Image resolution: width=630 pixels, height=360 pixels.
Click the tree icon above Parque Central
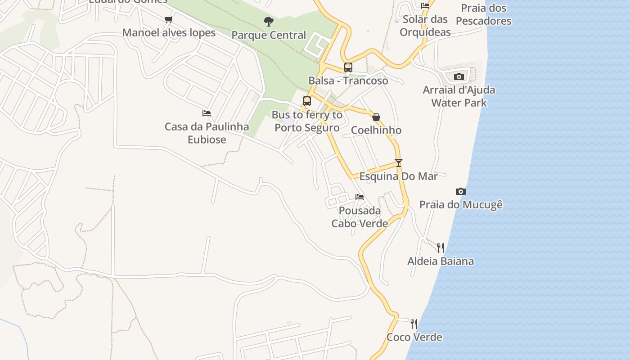pos(269,21)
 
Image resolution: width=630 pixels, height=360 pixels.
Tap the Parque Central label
pos(269,35)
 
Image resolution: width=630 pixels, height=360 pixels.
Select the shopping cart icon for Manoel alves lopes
pos(169,19)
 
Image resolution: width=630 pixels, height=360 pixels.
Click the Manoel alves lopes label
pos(169,33)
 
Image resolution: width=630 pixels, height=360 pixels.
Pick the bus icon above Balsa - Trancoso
pos(348,67)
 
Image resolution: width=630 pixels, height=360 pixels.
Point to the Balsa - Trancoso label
pos(348,81)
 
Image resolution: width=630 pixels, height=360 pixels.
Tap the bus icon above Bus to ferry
pos(307,101)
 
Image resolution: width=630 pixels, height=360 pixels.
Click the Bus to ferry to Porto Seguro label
pos(307,121)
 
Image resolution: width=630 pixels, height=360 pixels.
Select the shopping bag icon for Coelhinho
pos(376,117)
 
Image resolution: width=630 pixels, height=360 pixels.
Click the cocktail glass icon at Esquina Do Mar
pos(398,162)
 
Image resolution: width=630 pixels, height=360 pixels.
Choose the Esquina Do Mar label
pos(398,176)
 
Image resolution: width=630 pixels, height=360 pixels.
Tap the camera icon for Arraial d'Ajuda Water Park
pos(459,76)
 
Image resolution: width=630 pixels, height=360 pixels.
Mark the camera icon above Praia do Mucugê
pos(460,191)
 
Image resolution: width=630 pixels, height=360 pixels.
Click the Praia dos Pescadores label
pos(483,14)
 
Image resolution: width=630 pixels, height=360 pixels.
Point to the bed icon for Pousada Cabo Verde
pos(359,197)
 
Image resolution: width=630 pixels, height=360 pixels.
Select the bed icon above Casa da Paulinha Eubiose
pos(207,113)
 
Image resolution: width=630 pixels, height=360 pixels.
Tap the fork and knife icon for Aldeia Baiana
pos(440,247)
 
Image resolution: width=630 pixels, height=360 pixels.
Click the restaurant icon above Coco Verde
pos(414,324)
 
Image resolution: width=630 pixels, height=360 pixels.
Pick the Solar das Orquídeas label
pos(425,26)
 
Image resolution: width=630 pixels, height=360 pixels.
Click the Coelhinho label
pos(376,130)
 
